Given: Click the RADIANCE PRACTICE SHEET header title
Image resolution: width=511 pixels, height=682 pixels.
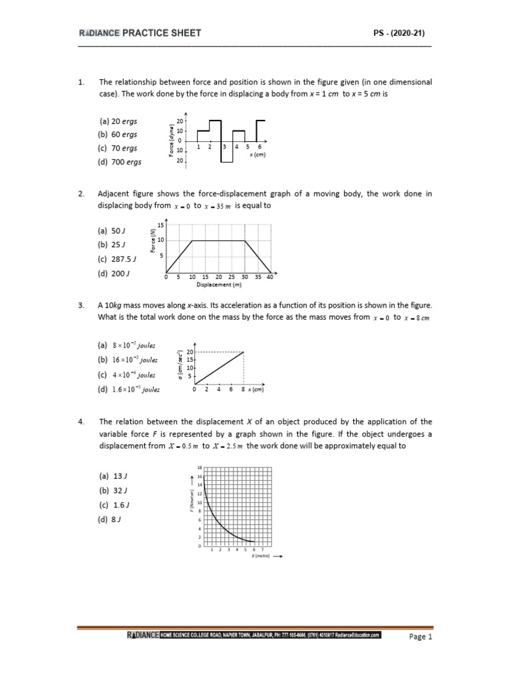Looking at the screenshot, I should pyautogui.click(x=140, y=33).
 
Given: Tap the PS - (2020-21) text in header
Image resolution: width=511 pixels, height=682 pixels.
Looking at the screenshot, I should pyautogui.click(x=405, y=33).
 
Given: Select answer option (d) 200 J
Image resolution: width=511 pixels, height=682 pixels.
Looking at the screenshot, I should pyautogui.click(x=113, y=272).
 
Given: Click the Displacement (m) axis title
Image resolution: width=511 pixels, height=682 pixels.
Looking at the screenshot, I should pyautogui.click(x=218, y=284).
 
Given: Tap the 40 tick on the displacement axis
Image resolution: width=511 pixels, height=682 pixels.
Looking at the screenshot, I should pyautogui.click(x=269, y=277).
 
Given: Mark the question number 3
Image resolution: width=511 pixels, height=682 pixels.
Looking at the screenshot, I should pyautogui.click(x=81, y=305).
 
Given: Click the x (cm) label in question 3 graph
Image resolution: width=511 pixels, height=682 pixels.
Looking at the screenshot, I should pyautogui.click(x=255, y=390).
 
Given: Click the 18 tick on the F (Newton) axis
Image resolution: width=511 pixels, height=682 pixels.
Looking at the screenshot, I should pyautogui.click(x=199, y=468).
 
